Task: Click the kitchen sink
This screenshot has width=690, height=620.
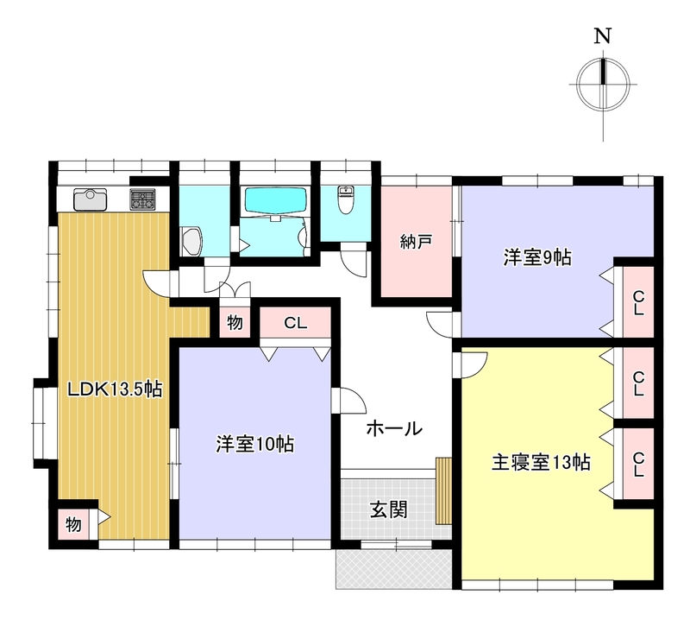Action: [91, 199]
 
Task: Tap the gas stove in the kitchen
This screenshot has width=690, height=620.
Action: [142, 199]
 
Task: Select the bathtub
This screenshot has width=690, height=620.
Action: [275, 202]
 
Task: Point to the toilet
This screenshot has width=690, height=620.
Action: [346, 199]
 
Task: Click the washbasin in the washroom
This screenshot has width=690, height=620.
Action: [191, 241]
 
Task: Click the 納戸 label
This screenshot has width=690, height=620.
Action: [416, 242]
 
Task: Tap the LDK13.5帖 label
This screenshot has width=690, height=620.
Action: [115, 389]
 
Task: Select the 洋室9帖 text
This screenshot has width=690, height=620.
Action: [537, 257]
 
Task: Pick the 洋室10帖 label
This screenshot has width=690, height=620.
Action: [255, 444]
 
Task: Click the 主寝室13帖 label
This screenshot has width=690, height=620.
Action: [541, 462]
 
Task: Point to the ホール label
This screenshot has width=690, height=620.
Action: [394, 428]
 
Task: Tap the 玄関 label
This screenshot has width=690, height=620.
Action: [389, 509]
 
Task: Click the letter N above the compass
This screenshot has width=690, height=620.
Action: [603, 35]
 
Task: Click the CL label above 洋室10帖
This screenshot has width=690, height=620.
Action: [295, 323]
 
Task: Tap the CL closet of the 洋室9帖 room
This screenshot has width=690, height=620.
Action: [638, 303]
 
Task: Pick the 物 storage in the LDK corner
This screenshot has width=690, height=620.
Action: [74, 524]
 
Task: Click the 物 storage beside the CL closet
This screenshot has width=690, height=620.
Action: [235, 323]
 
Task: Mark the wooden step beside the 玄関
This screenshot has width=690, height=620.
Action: [443, 490]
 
